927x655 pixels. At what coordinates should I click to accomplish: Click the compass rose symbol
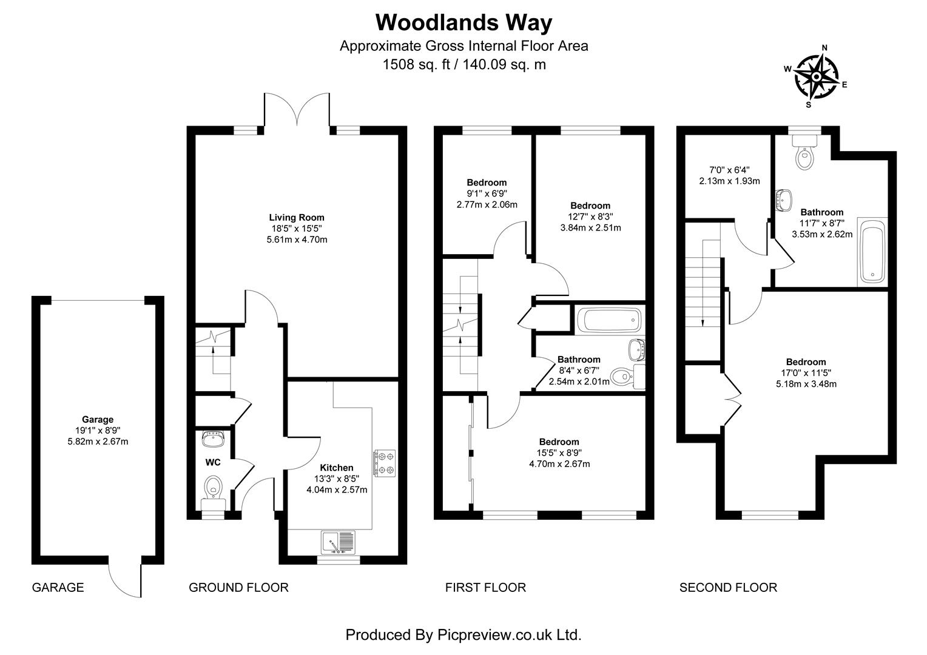[816, 77]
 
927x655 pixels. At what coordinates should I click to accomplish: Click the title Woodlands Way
[463, 22]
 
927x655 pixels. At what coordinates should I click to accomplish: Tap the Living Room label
[297, 217]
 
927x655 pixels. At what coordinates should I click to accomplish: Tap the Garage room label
[98, 419]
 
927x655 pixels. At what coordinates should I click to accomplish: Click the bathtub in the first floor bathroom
[608, 319]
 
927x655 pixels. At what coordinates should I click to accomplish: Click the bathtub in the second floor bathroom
[872, 254]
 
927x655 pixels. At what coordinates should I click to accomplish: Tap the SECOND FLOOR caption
[727, 587]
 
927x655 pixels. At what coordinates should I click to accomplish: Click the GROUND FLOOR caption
[238, 587]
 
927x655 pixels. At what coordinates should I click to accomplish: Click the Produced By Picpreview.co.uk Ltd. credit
[463, 634]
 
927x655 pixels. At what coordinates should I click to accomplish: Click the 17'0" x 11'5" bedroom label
[806, 373]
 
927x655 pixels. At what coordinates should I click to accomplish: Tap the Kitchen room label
[337, 468]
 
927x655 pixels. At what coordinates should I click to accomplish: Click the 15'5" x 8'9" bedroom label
[559, 453]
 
